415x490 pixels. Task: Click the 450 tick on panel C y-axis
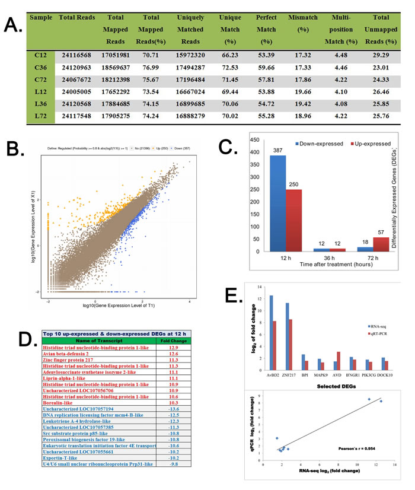point(257,141)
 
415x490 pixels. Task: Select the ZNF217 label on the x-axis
point(290,375)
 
